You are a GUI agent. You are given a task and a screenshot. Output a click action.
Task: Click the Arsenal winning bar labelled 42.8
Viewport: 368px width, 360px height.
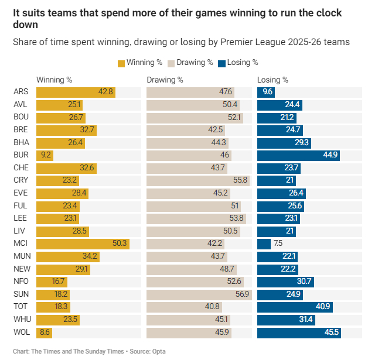(76, 92)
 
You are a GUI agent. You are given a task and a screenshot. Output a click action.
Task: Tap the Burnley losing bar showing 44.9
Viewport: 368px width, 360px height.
(299, 155)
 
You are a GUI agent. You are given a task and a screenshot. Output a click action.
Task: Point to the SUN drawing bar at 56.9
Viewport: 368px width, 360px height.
(199, 294)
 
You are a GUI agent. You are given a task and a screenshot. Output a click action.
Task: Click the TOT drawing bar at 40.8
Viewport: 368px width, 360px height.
(184, 306)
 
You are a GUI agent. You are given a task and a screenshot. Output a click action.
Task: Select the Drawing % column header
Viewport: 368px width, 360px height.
(165, 80)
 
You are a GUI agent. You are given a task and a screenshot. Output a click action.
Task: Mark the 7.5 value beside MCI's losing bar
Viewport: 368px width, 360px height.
(278, 243)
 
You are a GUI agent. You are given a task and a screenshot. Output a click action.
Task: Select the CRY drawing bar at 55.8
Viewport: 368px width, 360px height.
(197, 180)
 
